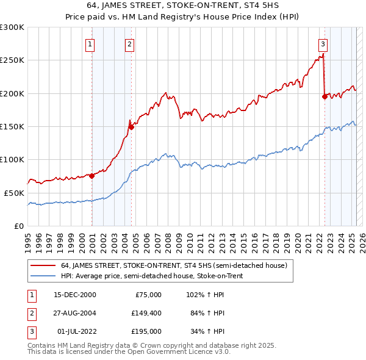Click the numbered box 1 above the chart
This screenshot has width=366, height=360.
pos(90,43)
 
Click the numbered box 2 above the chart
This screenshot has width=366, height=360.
pos(130,43)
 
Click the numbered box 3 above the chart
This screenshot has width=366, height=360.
pos(322,43)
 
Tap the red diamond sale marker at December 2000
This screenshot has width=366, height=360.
pos(92,176)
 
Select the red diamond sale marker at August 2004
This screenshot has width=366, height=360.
pos(131,127)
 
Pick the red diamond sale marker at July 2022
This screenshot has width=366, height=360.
pos(325,96)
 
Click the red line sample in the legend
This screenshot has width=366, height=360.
pos(42,265)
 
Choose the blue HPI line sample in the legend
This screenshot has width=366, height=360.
pos(42,276)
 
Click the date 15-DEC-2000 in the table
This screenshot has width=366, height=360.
pos(75,294)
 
